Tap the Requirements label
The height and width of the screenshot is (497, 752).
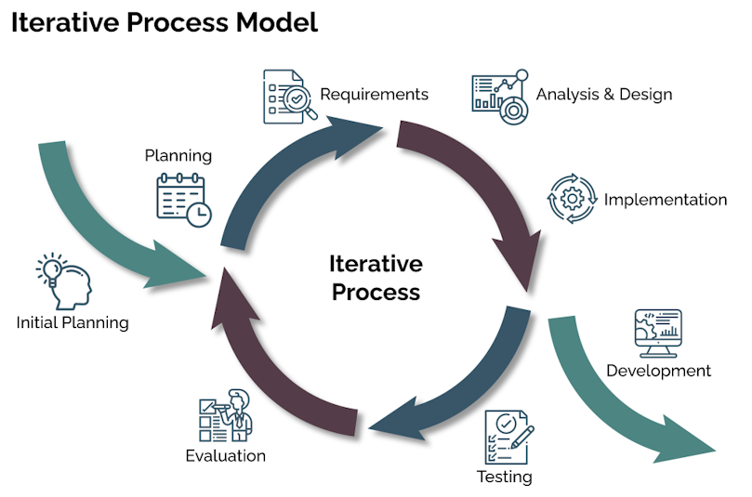pos(374,95)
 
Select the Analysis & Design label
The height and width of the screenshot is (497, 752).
pos(604,95)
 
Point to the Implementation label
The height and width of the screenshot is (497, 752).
pos(666,200)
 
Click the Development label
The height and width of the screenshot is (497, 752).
pos(658,371)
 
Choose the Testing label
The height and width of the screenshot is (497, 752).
pos(505,477)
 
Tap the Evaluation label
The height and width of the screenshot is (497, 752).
pos(225,456)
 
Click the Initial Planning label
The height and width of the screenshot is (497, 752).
pos(73,322)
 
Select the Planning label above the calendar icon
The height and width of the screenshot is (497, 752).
pos(178,156)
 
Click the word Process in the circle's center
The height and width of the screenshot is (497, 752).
pos(376,292)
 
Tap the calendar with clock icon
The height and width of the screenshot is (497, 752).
pos(184,200)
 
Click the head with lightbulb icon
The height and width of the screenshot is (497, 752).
pos(64,281)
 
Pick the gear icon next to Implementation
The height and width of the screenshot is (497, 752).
pos(573,199)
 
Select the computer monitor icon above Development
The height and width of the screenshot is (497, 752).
pos(658,334)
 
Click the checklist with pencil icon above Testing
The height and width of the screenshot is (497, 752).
pos(508,437)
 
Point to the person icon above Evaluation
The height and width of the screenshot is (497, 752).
pos(225,415)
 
